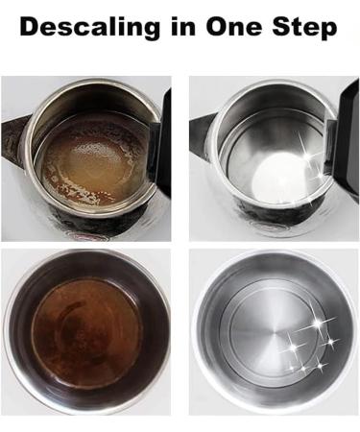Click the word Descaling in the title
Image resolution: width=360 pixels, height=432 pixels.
pos(90,28)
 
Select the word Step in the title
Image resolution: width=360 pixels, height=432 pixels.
pos(304,28)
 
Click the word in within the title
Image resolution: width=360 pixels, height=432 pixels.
pos(183,26)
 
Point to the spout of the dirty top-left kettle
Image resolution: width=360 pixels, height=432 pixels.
pos(13,137)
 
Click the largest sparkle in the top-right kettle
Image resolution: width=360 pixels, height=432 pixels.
pos(308,156)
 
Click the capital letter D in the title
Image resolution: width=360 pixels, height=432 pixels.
pos(31,26)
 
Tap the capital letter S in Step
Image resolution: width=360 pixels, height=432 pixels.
pos(282,26)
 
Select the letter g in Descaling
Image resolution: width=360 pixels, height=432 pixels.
pos(150,31)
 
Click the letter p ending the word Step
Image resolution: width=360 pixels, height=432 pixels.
pos(327,31)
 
